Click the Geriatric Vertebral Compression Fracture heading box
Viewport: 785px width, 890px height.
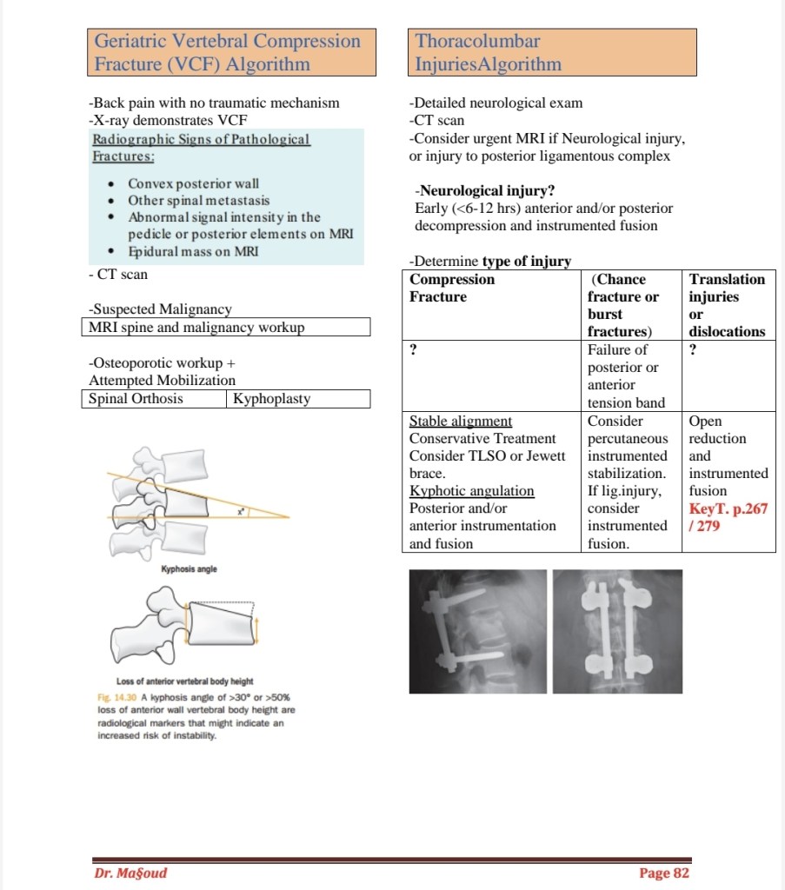(232, 52)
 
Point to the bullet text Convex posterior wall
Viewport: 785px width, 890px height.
(193, 183)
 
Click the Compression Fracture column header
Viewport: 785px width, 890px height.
(452, 288)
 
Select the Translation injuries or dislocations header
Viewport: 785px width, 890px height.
(728, 305)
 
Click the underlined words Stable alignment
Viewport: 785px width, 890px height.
(461, 422)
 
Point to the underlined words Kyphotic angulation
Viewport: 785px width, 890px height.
(472, 491)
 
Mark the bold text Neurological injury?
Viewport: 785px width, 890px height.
(485, 190)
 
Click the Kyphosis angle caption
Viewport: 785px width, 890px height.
(190, 569)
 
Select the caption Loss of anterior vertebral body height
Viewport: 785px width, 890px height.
(185, 681)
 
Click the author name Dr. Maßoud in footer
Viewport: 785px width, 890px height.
(130, 873)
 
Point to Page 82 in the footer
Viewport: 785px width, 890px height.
(663, 873)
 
